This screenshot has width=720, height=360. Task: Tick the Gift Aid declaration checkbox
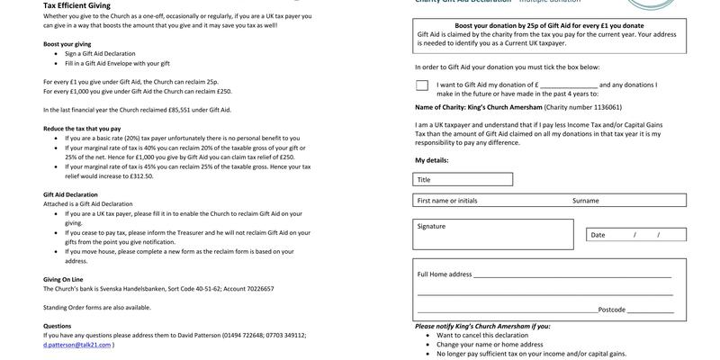[422, 85]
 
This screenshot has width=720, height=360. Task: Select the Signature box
[496, 235]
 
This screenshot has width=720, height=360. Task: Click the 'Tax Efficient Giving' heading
[76, 5]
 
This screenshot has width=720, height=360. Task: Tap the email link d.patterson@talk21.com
[76, 345]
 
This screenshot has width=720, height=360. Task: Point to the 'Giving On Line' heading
[63, 279]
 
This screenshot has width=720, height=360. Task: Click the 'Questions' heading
[57, 326]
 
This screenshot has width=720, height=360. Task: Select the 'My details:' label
[431, 160]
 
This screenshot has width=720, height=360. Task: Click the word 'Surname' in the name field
[585, 201]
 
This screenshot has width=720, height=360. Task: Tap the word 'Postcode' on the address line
[612, 310]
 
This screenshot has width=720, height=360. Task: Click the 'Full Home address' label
[445, 274]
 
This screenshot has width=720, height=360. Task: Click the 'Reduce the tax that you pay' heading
[82, 129]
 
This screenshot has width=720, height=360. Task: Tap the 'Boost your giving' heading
[67, 44]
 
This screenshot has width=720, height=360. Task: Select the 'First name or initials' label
[447, 201]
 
